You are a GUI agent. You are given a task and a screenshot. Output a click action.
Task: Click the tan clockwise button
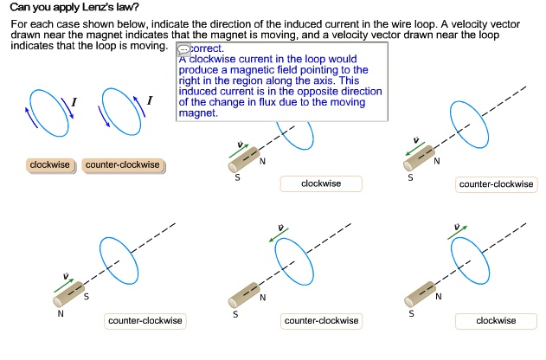[50, 164]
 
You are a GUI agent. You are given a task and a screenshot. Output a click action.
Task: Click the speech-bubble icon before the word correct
[183, 50]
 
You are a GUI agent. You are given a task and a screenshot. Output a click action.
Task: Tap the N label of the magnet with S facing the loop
[61, 314]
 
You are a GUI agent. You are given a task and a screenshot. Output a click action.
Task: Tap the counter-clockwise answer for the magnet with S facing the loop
[145, 321]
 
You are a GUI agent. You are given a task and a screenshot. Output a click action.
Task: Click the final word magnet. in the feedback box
[197, 113]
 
